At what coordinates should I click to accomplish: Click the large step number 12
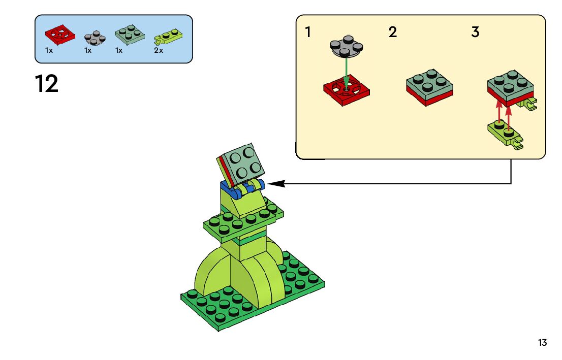[47, 84]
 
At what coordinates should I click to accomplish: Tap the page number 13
[543, 343]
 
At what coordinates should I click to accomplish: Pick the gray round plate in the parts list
[95, 38]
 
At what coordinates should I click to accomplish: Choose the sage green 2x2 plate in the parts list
[130, 35]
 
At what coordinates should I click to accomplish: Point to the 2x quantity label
[159, 51]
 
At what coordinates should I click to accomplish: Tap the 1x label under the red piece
[49, 51]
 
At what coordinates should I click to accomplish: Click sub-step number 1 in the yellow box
[308, 32]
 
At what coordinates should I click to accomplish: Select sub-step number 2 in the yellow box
[392, 32]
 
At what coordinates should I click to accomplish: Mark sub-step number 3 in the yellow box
[475, 32]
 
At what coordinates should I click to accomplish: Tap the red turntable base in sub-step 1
[346, 91]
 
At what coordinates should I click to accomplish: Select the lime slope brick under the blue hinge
[243, 206]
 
